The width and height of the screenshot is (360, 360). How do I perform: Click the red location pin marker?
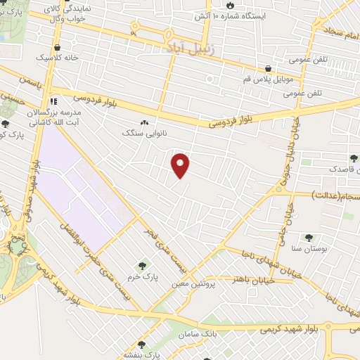(x=181, y=165)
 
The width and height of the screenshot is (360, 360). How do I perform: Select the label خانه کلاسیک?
(x=65, y=57)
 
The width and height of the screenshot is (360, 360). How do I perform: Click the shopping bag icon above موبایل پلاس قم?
(x=269, y=69)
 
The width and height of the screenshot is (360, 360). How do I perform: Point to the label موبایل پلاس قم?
(x=270, y=80)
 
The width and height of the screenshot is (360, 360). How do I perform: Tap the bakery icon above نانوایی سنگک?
(x=145, y=121)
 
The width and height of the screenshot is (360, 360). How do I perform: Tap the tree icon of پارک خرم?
(x=143, y=265)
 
